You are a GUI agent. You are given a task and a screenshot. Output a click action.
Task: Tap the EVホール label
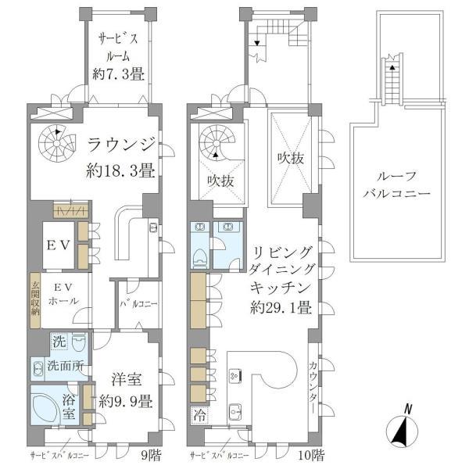coord(59,293)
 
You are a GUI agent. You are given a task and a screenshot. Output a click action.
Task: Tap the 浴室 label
coord(69,407)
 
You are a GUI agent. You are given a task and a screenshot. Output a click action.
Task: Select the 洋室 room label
coord(125,381)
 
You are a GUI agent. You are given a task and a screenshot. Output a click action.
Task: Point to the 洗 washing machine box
coord(59,342)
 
